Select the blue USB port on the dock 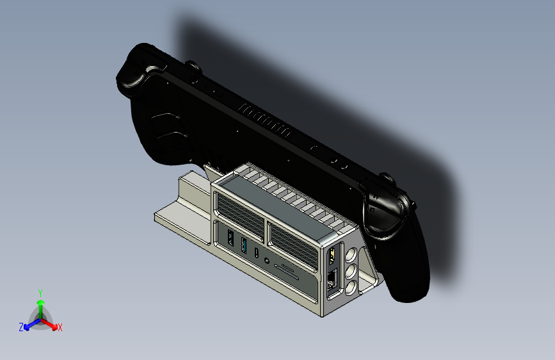click(243, 245)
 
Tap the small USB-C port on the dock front click(257, 252)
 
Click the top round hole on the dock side click(350, 255)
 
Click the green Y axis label click(40, 292)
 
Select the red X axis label click(60, 328)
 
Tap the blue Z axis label click(21, 327)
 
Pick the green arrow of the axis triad click(40, 304)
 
